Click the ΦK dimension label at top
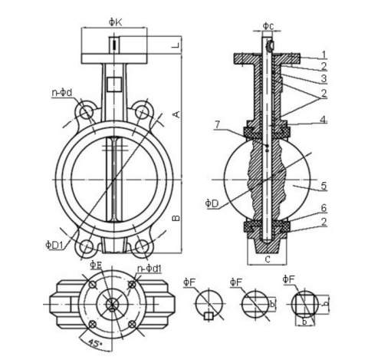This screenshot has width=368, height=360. click(x=115, y=22)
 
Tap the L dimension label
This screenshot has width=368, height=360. click(x=176, y=46)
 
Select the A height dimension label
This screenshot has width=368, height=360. click(x=177, y=114)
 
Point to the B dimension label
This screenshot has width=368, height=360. click(x=176, y=218)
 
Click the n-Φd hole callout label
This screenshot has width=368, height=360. click(x=62, y=92)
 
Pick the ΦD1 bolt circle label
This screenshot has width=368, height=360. click(x=54, y=245)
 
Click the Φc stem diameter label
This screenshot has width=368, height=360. click(x=268, y=26)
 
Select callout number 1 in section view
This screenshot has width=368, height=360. click(x=324, y=54)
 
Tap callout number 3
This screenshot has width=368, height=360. click(x=324, y=78)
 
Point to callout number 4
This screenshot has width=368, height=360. click(x=324, y=120)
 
